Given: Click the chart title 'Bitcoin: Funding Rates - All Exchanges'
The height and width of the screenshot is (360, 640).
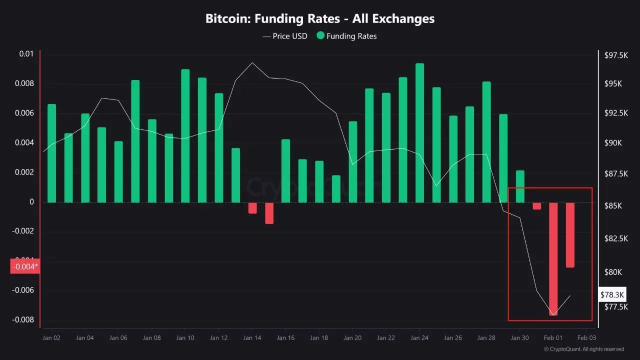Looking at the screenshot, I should click(320, 19).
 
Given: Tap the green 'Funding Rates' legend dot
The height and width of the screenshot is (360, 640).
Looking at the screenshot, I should click(320, 36).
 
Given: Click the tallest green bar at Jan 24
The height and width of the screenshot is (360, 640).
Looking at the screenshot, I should click(419, 132).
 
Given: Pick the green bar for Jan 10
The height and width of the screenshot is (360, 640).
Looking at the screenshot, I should click(185, 135).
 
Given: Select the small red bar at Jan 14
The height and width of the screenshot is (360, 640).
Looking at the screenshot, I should click(252, 208).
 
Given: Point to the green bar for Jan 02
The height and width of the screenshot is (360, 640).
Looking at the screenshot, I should click(51, 153).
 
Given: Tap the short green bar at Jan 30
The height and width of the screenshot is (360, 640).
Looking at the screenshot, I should click(520, 186).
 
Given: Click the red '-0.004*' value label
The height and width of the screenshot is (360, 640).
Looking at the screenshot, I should click(24, 266).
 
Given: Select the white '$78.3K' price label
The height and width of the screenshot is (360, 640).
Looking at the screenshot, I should click(612, 294).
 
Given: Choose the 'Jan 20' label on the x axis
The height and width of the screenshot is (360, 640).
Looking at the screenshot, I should click(352, 338).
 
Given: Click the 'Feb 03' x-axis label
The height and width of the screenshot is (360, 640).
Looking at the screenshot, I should click(586, 338).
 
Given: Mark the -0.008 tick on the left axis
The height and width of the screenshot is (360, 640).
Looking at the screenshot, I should click(24, 320).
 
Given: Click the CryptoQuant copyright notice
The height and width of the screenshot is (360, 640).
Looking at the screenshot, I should click(583, 349).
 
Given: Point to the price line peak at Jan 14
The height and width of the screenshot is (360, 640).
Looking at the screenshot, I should click(252, 63).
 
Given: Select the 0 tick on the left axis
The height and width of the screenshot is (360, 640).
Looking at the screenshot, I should click(31, 202).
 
